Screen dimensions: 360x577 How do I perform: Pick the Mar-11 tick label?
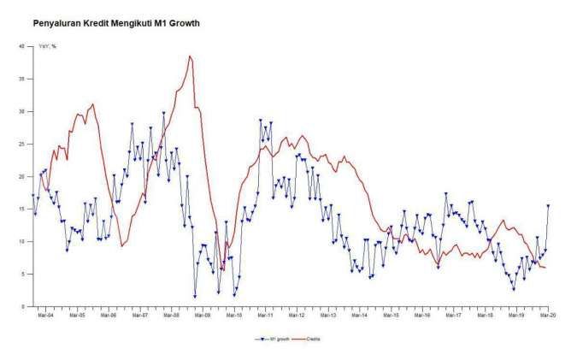click(265, 315)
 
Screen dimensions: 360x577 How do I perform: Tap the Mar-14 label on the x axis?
click(359, 315)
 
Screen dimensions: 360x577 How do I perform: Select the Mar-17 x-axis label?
click(453, 315)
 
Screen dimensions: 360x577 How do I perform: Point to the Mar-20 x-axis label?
click(547, 315)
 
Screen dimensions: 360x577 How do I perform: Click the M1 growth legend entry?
click(273, 339)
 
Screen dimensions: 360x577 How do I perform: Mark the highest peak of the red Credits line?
click(190, 56)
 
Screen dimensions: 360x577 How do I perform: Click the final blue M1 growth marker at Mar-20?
click(548, 205)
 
